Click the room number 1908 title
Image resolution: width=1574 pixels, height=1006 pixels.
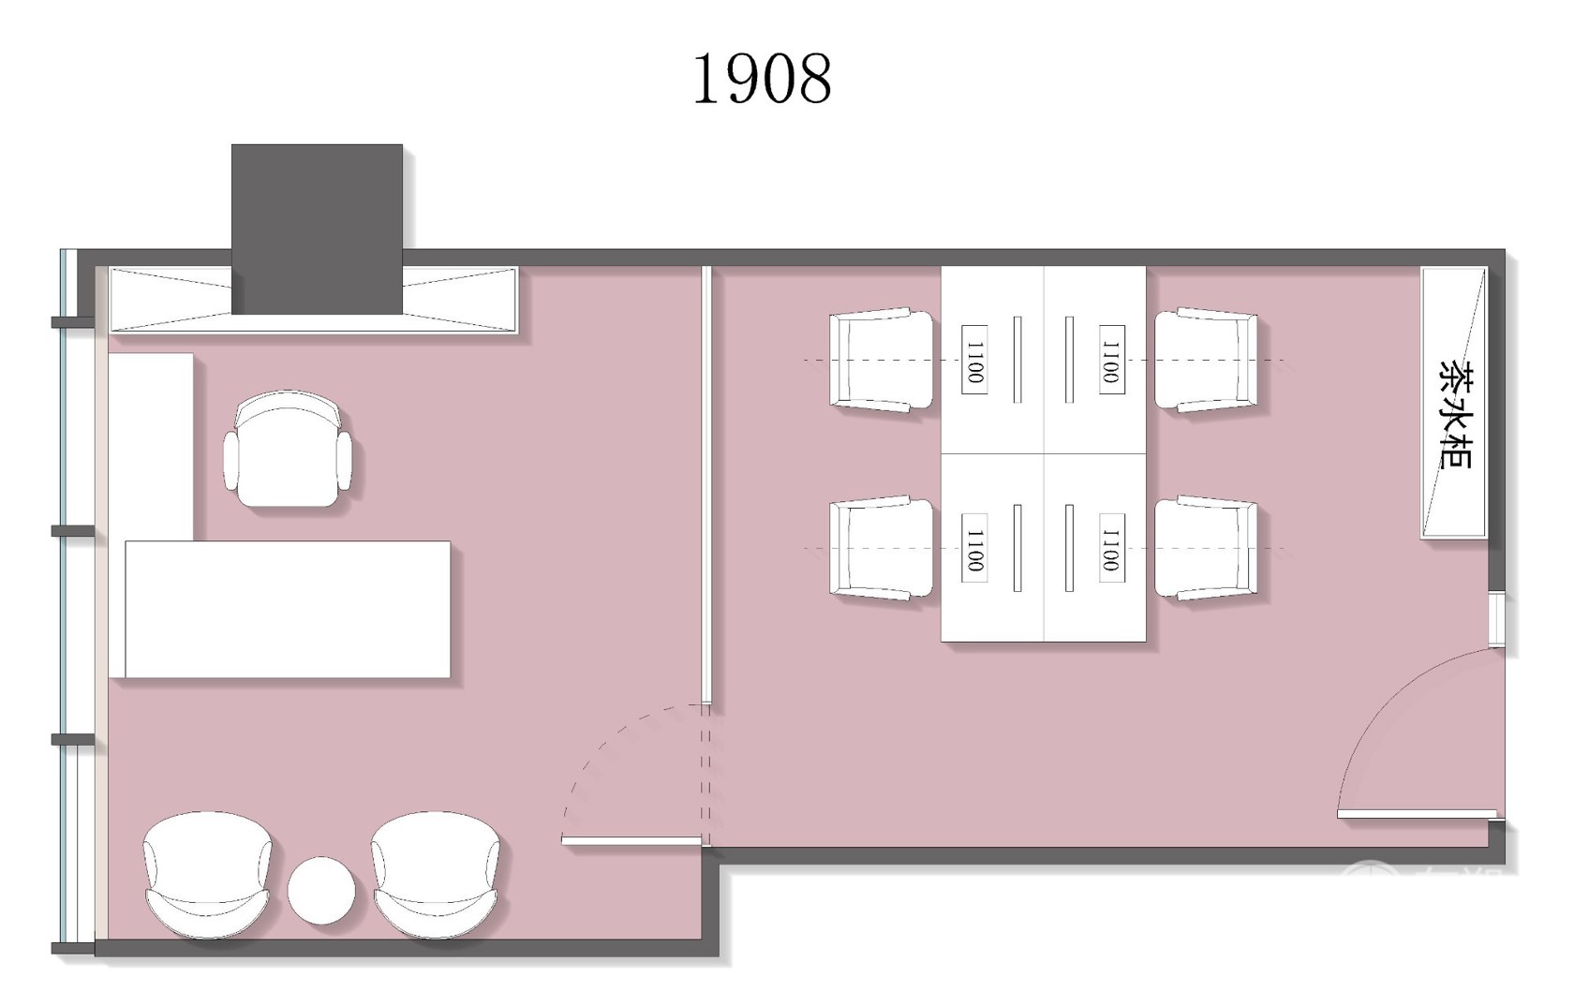763,80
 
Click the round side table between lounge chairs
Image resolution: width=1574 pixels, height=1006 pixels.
321,890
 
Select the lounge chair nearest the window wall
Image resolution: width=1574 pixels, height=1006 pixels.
207,875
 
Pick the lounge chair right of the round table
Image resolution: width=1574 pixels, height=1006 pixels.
436,875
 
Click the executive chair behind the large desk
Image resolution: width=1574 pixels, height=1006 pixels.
288,448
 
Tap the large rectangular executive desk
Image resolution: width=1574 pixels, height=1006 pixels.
288,609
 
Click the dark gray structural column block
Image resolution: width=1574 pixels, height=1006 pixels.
317,229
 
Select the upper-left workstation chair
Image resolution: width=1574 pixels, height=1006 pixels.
881,359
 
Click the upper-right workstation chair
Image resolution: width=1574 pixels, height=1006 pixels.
1207,359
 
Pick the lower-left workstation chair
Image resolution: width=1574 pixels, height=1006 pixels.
881,547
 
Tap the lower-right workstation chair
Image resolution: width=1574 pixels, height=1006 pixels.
1207,547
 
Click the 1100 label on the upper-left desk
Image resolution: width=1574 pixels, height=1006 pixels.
974,360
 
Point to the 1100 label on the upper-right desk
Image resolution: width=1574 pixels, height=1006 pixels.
1111,360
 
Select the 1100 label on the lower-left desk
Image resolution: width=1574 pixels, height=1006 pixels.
974,548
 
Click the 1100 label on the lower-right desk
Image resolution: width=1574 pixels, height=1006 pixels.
1111,548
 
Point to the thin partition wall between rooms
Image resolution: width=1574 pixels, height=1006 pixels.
706,485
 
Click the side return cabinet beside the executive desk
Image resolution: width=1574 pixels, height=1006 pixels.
151,447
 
